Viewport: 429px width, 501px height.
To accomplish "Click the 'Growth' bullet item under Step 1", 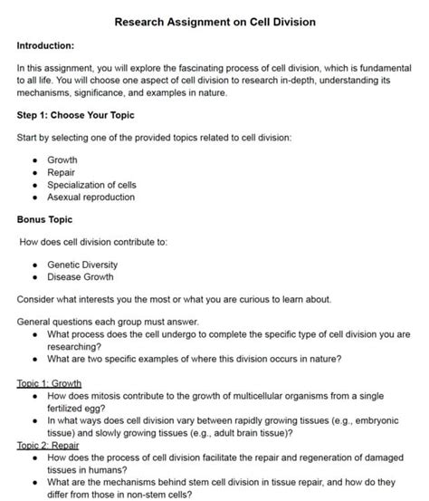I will pos(62,159).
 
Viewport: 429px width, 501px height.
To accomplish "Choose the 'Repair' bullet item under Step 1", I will pos(61,172).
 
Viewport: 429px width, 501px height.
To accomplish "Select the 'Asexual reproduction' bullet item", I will pos(91,197).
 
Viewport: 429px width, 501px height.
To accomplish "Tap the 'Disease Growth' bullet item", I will pos(81,277).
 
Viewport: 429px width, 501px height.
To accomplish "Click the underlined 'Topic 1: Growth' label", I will pos(50,383).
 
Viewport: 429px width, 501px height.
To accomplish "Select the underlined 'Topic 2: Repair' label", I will pos(49,445).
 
